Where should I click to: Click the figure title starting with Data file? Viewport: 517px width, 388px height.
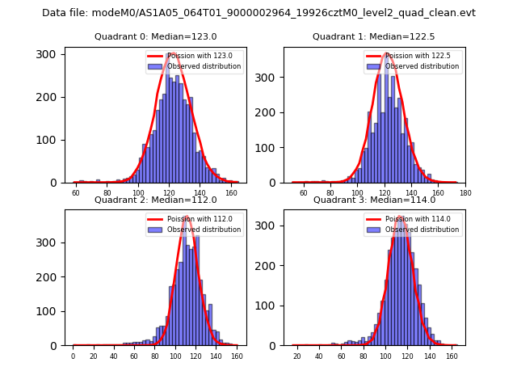[258, 13]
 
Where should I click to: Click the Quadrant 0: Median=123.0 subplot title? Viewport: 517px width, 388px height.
[156, 36]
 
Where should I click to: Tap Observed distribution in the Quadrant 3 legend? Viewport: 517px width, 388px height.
[422, 229]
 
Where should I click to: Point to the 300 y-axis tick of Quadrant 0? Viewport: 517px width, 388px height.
[49, 54]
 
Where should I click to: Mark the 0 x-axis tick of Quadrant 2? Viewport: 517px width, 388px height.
[73, 356]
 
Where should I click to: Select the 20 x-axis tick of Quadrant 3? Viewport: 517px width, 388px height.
[297, 356]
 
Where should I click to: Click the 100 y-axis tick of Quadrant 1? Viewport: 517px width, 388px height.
[267, 148]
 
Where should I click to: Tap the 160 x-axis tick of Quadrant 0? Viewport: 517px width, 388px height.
[232, 192]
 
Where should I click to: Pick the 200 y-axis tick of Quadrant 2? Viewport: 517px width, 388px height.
[49, 277]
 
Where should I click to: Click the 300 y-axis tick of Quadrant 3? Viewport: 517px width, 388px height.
[267, 242]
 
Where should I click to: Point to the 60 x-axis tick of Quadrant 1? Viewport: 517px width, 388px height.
[304, 192]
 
